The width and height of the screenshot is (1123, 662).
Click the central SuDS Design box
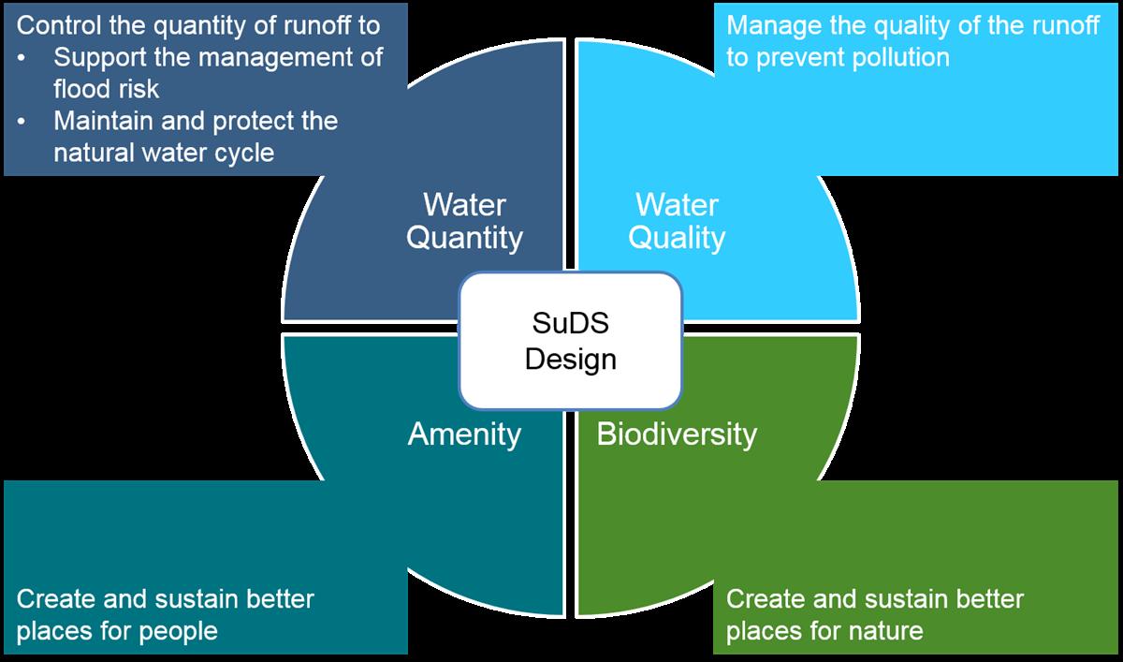coord(570,340)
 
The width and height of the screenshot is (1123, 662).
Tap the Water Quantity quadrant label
coord(464,221)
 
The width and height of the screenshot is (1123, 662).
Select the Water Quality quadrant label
coord(677,221)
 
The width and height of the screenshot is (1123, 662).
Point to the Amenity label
coord(464,434)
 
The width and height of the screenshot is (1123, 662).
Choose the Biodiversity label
coord(677,434)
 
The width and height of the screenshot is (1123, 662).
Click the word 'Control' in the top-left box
coord(59,25)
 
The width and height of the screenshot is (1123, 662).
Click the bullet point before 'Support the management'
coord(23,58)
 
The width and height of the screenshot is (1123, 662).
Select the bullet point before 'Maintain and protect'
coord(23,122)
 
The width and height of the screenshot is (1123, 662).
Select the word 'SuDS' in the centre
coord(570,324)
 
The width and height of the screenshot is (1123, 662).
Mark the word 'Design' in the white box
coord(570,358)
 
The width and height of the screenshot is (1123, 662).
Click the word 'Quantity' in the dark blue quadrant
coord(464,238)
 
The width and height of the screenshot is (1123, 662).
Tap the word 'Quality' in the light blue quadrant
coord(677,238)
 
